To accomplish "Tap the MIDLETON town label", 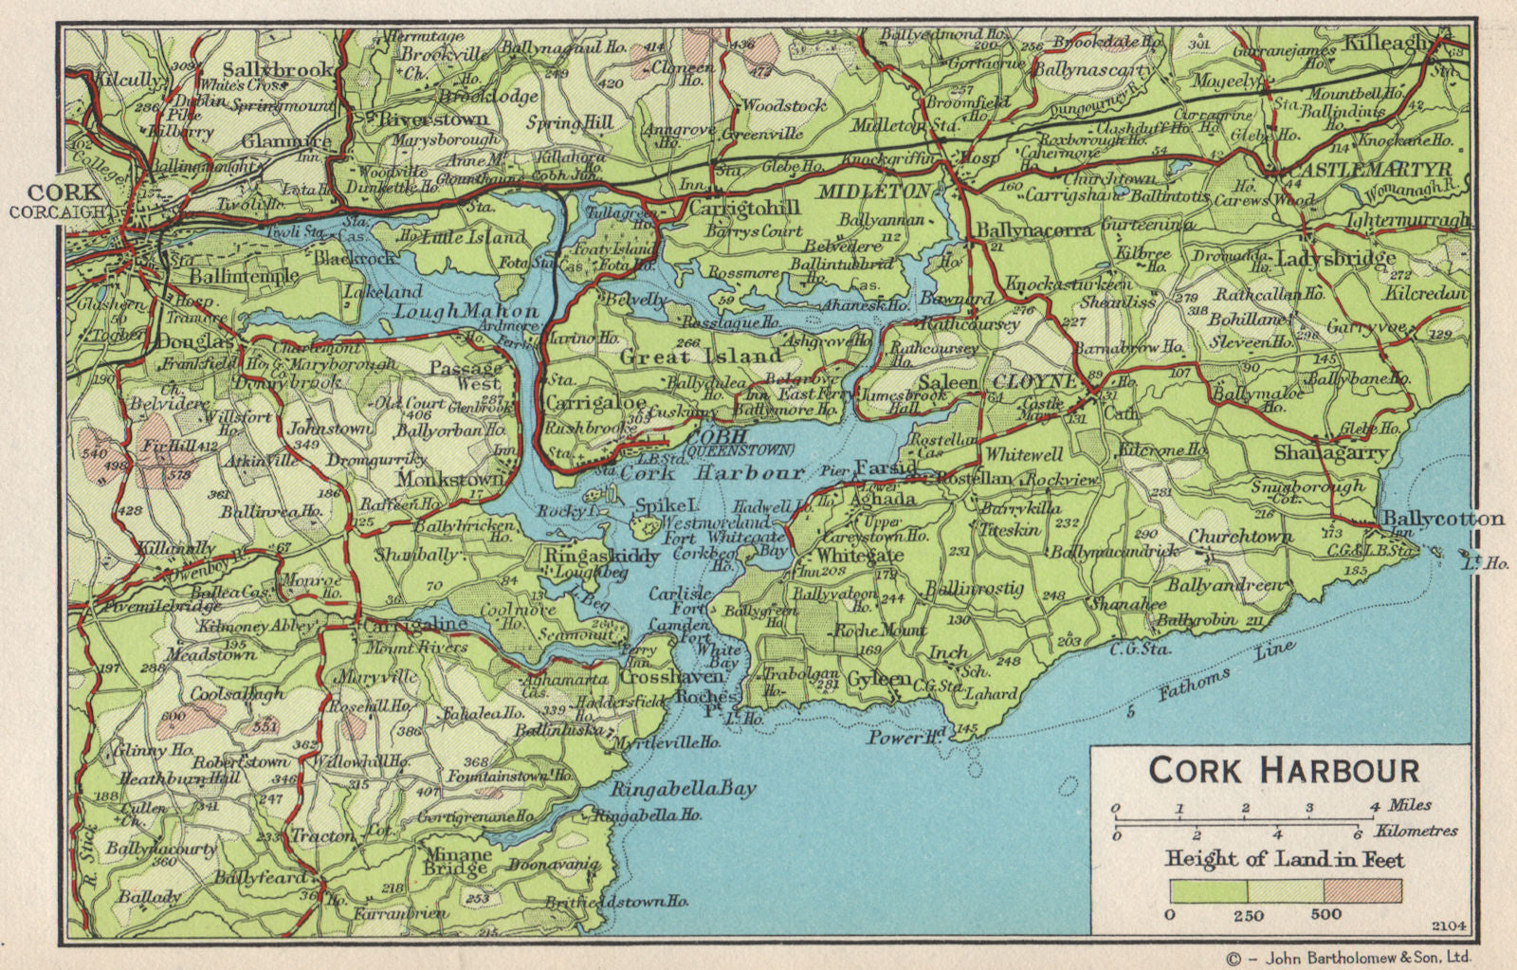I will tap(887, 191).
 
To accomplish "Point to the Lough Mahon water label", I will tap(466, 311).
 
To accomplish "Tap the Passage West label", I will tap(466, 375).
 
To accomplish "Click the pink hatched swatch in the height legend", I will tap(1362, 891).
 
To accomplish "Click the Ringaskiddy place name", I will tap(601, 557).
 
